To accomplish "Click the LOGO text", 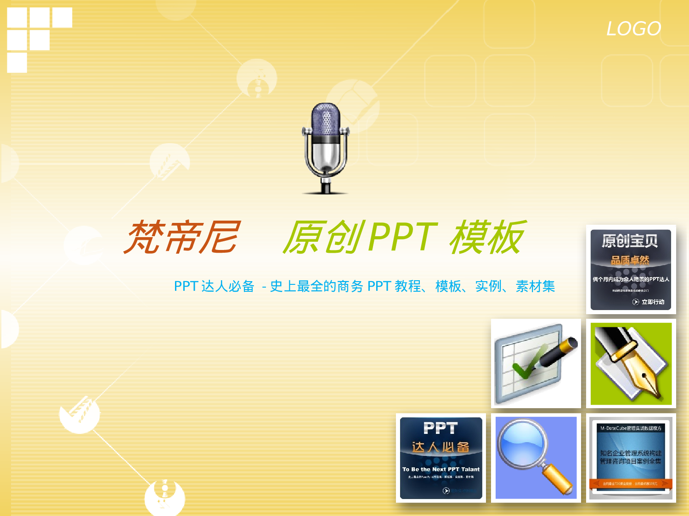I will tap(633, 29).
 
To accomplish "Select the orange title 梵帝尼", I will tap(182, 237).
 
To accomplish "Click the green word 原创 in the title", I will tap(323, 237).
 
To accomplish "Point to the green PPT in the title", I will tap(402, 237).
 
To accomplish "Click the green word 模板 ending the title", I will tap(487, 237).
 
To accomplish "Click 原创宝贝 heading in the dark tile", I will tap(630, 241).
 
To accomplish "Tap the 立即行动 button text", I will tap(653, 302).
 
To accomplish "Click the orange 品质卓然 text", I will tap(630, 260).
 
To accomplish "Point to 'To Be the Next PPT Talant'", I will tap(441, 469).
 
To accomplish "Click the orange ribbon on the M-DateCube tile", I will tap(631, 483).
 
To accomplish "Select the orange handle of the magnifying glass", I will tap(557, 479).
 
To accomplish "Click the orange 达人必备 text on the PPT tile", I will tap(441, 447).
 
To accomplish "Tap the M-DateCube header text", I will tap(631, 428).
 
